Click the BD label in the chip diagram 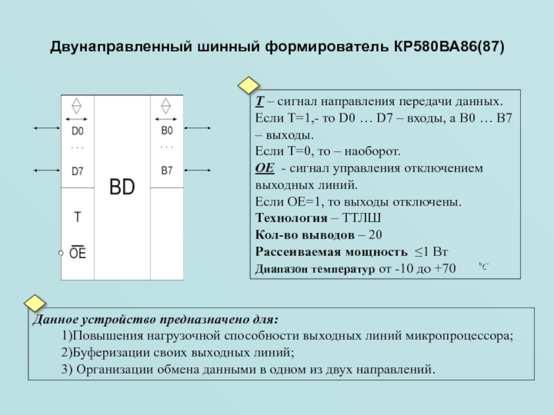pos(122,187)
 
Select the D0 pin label pos(78,130)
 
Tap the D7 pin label pos(78,171)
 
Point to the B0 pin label pos(167,130)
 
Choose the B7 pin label pos(167,171)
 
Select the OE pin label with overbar pos(78,253)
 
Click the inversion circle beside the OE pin pos(61,254)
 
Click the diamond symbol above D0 pos(77,106)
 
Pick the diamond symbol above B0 pos(166,106)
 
